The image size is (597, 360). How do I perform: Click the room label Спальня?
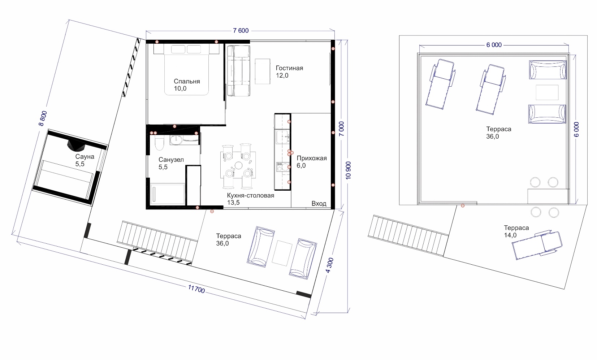pyautogui.click(x=187, y=81)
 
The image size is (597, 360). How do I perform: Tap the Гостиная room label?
pyautogui.click(x=289, y=68)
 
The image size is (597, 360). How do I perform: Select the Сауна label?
pyautogui.click(x=85, y=156)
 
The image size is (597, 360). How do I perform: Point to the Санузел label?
pyautogui.click(x=171, y=160)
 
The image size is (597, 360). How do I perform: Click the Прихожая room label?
pyautogui.click(x=312, y=158)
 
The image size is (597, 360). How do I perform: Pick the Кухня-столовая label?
pyautogui.click(x=251, y=195)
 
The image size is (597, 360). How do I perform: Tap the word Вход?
pyautogui.click(x=319, y=204)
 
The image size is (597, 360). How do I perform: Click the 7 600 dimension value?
pyautogui.click(x=241, y=31)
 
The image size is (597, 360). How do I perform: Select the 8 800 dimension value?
pyautogui.click(x=43, y=118)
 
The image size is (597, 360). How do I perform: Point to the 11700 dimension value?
pyautogui.click(x=196, y=289)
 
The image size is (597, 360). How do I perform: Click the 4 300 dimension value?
pyautogui.click(x=330, y=265)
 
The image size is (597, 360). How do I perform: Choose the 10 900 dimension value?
pyautogui.click(x=348, y=170)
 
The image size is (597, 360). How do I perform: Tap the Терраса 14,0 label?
pyautogui.click(x=516, y=231)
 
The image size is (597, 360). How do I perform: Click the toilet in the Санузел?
pyautogui.click(x=160, y=144)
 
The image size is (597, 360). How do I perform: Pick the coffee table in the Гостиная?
pyautogui.click(x=263, y=71)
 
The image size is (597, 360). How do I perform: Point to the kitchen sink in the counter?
pyautogui.click(x=282, y=137)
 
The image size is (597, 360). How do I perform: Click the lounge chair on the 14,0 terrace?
pyautogui.click(x=537, y=244)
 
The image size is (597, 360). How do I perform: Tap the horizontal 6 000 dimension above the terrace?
pyautogui.click(x=494, y=45)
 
